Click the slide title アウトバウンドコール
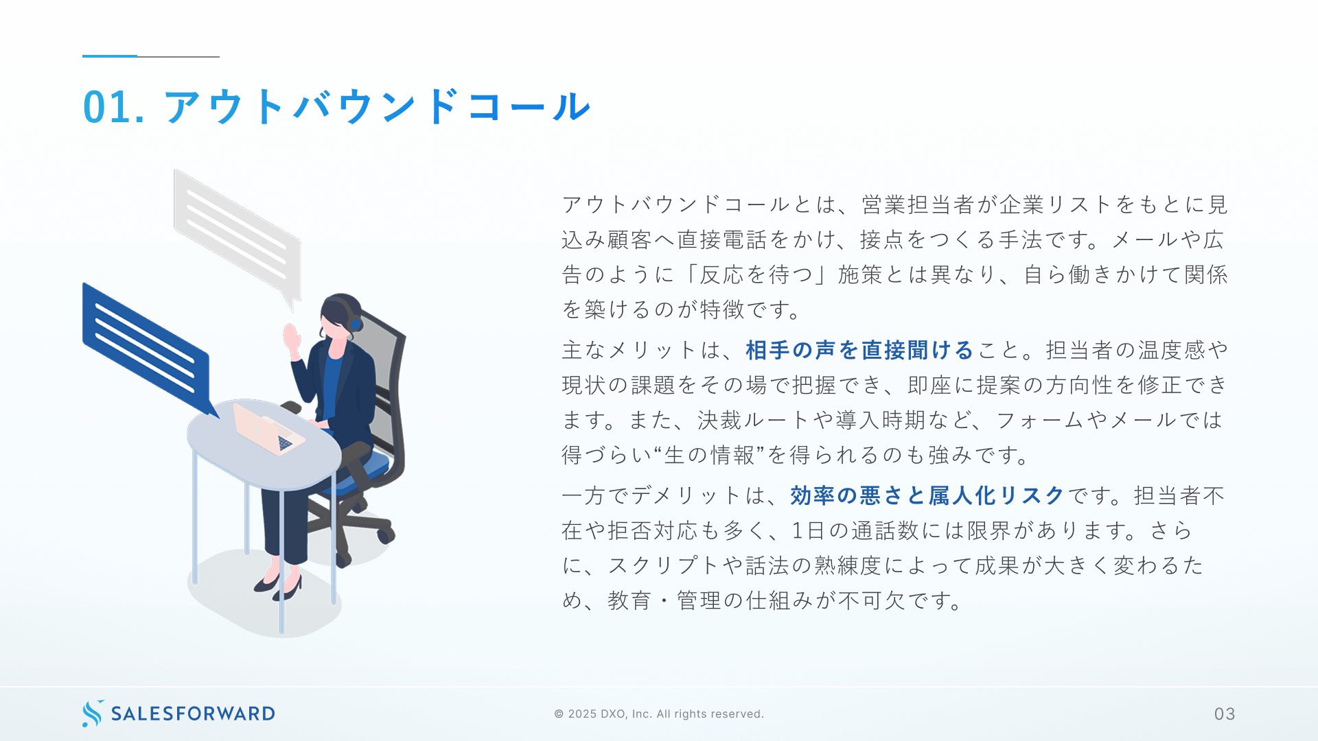pos(377,106)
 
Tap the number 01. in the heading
pos(113,107)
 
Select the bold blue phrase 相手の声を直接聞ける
pos(859,350)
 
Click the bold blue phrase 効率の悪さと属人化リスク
pos(927,495)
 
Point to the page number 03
pos(1225,714)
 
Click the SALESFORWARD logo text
pos(193,714)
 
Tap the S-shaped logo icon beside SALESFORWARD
pos(93,714)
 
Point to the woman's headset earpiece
pos(356,323)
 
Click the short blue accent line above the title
pos(110,56)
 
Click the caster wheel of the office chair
pos(386,533)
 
